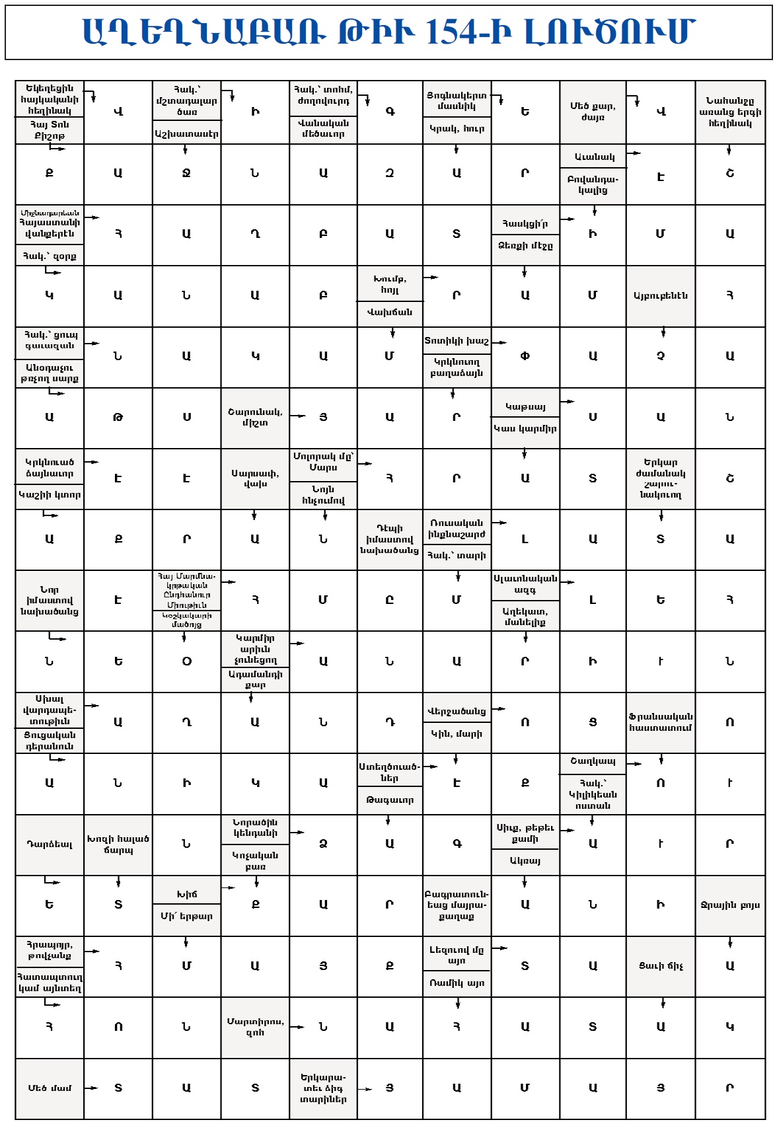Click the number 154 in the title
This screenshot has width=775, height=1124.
460,32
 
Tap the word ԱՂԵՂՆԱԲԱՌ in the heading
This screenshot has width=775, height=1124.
203,32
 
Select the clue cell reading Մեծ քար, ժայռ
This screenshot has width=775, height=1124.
593,112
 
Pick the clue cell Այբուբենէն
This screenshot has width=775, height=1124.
661,295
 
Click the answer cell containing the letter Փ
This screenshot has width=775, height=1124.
525,356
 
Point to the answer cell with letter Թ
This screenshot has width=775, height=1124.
118,418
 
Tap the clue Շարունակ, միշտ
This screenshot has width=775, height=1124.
255,418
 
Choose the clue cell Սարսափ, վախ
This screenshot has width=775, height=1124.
255,478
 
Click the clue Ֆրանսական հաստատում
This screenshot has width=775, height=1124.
661,722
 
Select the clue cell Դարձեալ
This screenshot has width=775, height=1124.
50,844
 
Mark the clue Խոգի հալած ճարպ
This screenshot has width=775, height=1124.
118,844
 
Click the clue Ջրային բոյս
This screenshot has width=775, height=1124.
730,905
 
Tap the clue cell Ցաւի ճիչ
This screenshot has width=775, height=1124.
661,966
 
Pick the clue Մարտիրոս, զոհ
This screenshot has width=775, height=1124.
255,1027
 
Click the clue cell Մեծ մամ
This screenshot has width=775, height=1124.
50,1088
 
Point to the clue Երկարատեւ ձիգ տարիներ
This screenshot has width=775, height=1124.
323,1088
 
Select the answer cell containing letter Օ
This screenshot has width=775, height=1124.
187,661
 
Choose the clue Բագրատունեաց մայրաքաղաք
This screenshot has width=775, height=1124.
457,905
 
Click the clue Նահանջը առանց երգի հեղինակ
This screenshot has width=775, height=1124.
730,112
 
